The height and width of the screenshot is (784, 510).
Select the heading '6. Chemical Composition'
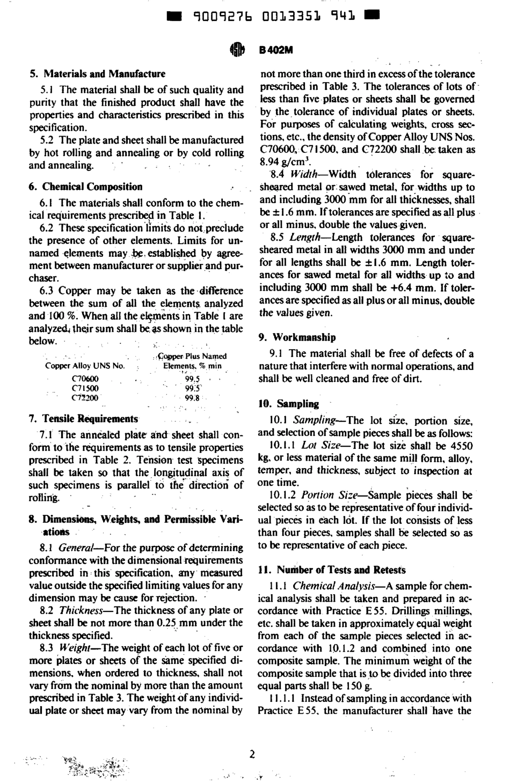(85, 187)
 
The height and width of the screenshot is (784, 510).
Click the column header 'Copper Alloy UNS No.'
(85, 366)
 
